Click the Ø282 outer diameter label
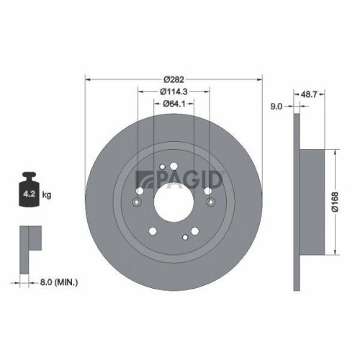174,78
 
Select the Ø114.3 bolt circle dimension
174,91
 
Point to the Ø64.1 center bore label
174,104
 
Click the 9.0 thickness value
276,107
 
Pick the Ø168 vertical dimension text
345,202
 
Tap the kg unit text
48,194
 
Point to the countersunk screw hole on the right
209,204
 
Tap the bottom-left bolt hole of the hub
153,232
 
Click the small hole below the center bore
186,236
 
